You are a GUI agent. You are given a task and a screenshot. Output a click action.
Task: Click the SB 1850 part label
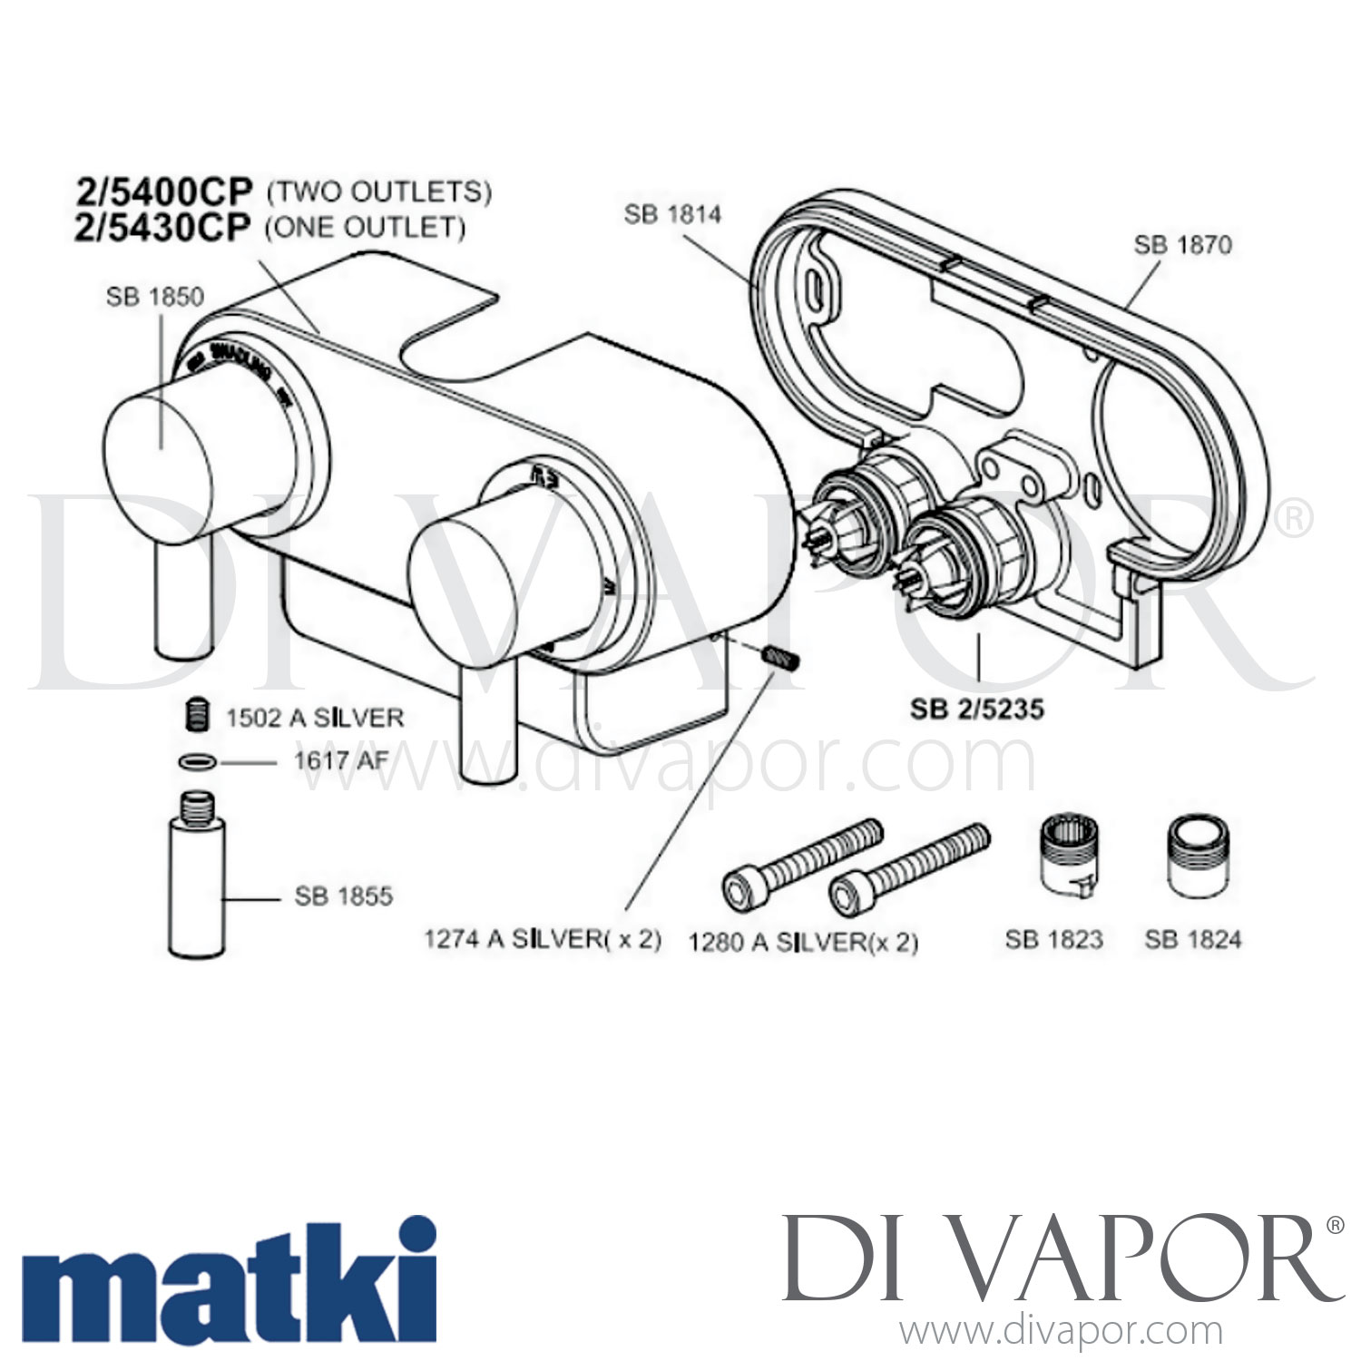(x=155, y=297)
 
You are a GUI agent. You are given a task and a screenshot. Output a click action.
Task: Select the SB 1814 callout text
(x=672, y=214)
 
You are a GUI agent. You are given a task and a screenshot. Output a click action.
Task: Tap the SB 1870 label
(x=1182, y=245)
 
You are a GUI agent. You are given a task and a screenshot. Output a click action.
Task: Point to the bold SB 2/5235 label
(x=977, y=709)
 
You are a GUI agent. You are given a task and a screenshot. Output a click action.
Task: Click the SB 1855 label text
(x=344, y=896)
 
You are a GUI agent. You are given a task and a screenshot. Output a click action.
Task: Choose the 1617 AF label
(x=340, y=760)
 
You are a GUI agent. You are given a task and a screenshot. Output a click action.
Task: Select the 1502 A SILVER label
(x=315, y=718)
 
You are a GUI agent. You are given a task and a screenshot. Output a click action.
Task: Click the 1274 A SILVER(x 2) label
(x=543, y=939)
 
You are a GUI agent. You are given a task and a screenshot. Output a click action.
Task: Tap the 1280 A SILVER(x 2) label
(x=803, y=943)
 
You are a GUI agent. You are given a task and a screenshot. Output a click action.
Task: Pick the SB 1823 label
(x=1053, y=939)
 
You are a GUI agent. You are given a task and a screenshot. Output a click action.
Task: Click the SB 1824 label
(x=1192, y=939)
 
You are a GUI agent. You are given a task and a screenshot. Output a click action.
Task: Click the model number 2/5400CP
(x=163, y=191)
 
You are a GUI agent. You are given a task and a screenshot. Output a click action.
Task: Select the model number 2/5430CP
(x=162, y=228)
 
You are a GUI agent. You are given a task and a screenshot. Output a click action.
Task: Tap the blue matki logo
(x=228, y=1280)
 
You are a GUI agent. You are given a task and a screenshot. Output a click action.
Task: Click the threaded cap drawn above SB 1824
(x=1192, y=857)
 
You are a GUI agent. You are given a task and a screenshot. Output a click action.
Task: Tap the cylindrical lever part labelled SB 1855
(x=196, y=885)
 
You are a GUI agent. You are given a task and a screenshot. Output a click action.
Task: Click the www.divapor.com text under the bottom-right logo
(x=1061, y=1332)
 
